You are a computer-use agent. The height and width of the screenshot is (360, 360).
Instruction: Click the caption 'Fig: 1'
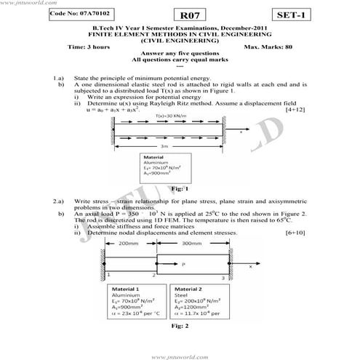tap(172, 188)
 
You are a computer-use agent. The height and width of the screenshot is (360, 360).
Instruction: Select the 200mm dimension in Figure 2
tap(129, 243)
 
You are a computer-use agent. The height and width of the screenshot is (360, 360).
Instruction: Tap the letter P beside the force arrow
tap(183, 264)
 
